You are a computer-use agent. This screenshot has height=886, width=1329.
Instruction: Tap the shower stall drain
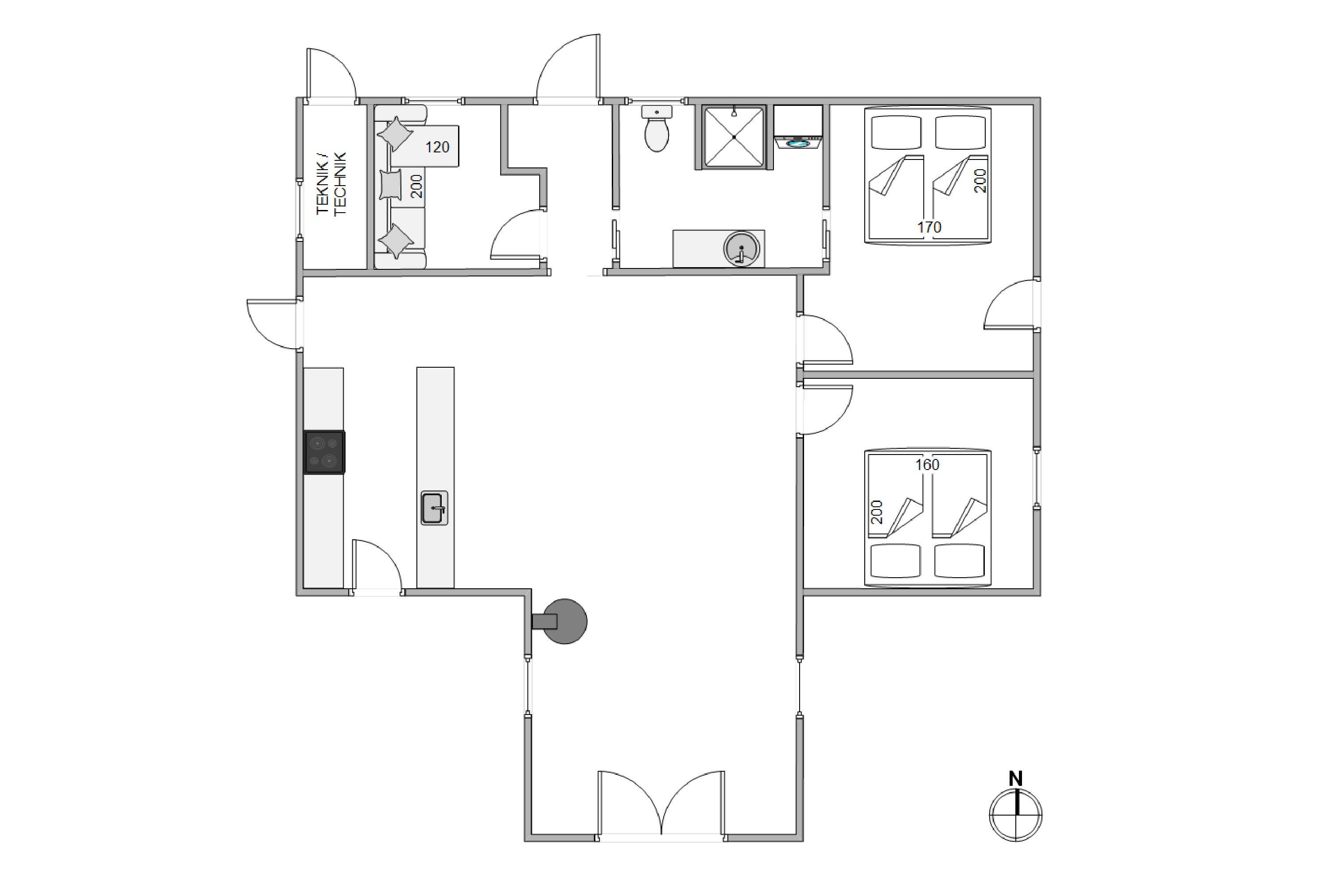(734, 137)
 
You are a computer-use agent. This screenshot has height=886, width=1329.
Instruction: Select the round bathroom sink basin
(741, 249)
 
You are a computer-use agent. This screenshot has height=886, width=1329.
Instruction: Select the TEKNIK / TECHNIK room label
(331, 184)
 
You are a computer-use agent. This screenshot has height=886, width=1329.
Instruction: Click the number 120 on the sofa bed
(437, 148)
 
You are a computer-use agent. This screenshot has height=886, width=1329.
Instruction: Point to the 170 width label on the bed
(929, 227)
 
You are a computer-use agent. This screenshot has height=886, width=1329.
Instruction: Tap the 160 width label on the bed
(927, 464)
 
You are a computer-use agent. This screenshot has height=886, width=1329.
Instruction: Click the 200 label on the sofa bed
(416, 186)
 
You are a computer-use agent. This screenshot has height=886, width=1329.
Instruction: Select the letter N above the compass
(1016, 779)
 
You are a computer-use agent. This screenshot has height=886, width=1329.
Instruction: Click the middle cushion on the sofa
(390, 185)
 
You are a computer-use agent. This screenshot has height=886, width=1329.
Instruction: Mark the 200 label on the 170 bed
(980, 181)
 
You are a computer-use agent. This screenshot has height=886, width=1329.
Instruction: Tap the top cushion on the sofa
(396, 134)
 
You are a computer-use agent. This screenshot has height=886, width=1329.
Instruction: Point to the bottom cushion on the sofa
(396, 241)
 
